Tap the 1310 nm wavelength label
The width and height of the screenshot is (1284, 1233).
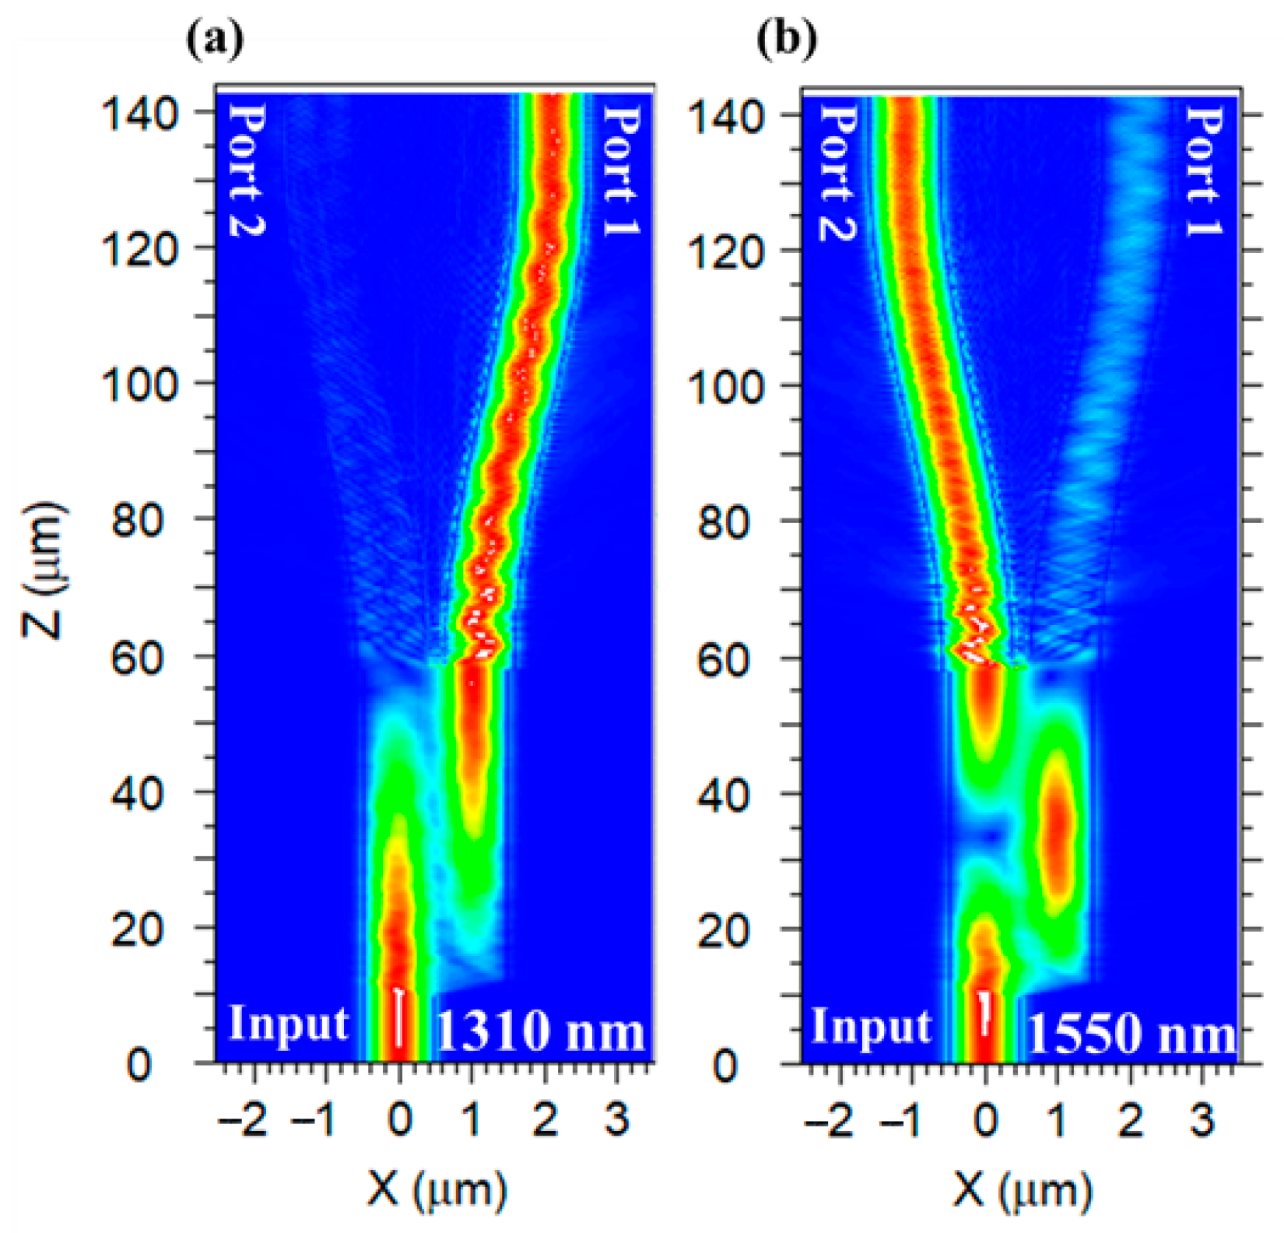(540, 1031)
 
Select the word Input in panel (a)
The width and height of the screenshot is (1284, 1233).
(288, 1024)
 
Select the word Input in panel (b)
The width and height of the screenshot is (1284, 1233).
(871, 1027)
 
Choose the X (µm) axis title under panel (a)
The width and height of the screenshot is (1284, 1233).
(437, 1189)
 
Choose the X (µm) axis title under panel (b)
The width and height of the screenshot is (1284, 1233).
(1022, 1189)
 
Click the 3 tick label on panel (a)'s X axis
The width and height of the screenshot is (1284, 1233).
(617, 1120)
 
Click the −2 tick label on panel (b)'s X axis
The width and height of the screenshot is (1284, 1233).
(832, 1122)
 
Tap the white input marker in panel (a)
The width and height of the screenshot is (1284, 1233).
(399, 1017)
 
